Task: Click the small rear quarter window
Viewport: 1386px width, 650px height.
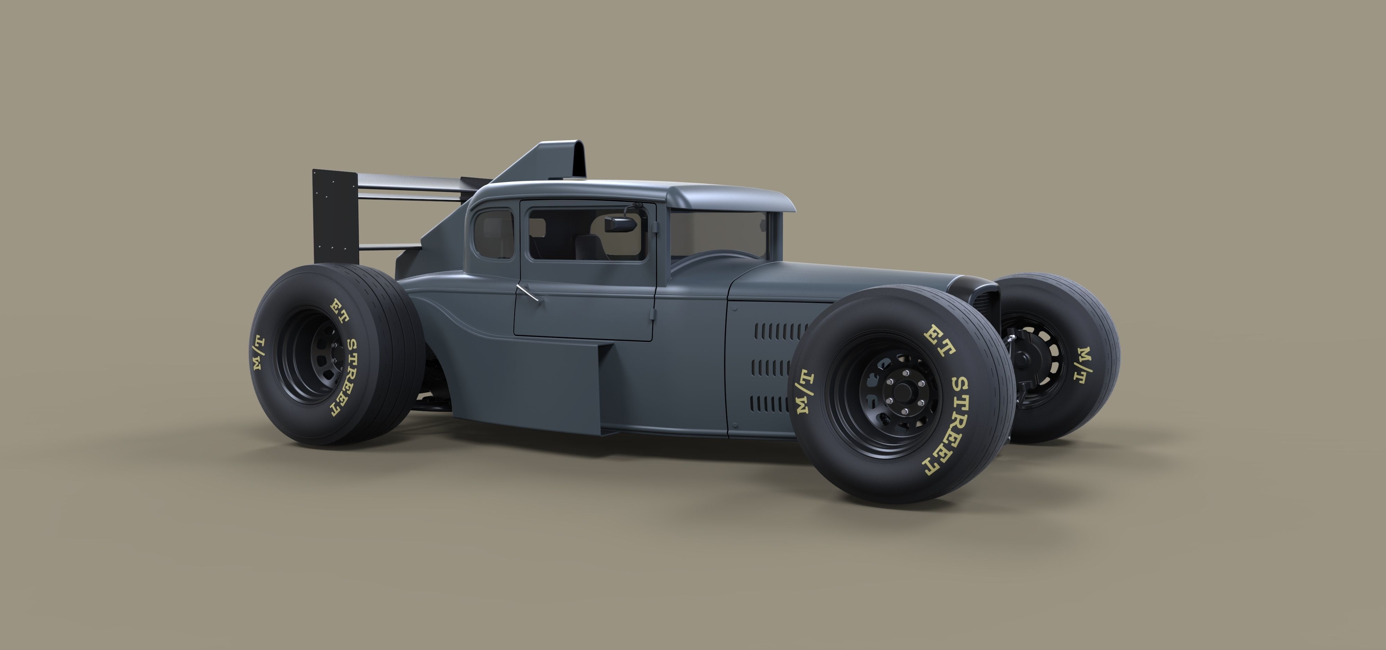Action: pyautogui.click(x=494, y=234)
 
